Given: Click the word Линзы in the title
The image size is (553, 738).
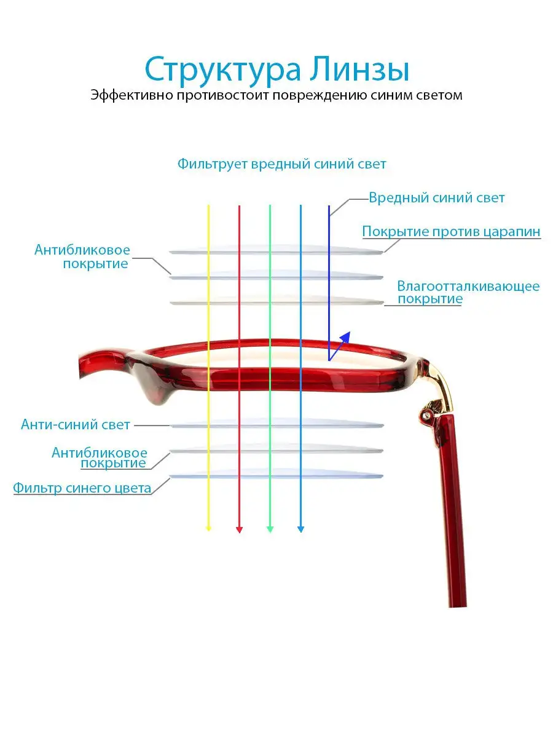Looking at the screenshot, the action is [359, 69].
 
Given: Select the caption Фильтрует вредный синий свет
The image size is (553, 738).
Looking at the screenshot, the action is [281, 164].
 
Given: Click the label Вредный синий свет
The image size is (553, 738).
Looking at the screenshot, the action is [436, 197].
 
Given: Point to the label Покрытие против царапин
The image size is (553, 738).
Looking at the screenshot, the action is [451, 232].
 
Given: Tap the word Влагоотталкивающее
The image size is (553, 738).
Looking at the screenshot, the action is [468, 286].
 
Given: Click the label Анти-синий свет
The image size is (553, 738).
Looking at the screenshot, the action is [75, 424].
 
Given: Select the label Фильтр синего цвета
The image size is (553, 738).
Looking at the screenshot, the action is [82, 488].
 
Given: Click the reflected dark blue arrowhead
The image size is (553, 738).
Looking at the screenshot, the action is [345, 337].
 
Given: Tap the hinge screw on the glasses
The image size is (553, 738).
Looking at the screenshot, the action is [428, 415].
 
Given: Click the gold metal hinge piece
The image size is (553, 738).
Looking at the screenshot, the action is [439, 387].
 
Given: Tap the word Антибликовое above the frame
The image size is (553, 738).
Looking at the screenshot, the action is [82, 250].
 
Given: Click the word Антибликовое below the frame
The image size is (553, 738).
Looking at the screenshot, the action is [100, 453].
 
